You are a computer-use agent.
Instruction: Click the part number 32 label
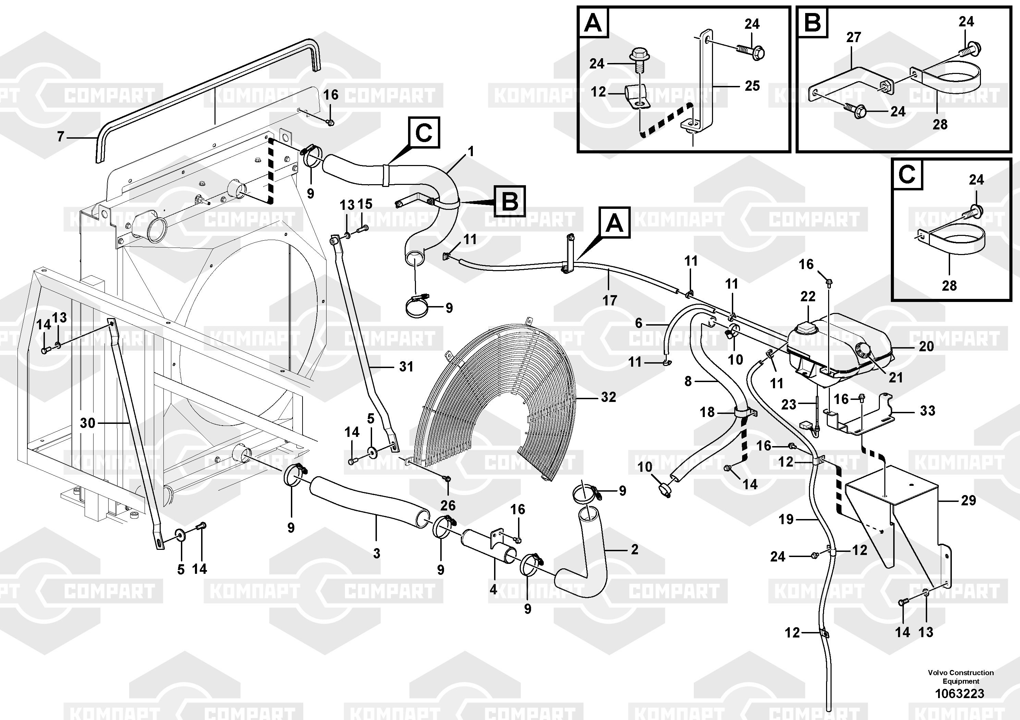click(608, 397)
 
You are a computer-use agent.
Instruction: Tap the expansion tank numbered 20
click(840, 351)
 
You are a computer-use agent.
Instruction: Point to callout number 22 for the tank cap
click(808, 296)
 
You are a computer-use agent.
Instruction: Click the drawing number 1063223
click(960, 693)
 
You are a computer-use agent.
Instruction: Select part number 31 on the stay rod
click(406, 367)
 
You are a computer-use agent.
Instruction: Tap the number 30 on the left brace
click(87, 423)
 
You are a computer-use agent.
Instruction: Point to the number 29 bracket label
click(969, 501)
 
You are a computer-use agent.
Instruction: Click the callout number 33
click(927, 410)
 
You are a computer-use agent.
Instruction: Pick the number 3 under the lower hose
click(377, 554)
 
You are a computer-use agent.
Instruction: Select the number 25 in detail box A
click(752, 86)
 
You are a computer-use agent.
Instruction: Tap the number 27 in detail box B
click(853, 37)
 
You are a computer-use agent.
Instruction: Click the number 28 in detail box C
click(949, 286)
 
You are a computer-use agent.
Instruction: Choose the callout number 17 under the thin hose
click(610, 301)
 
